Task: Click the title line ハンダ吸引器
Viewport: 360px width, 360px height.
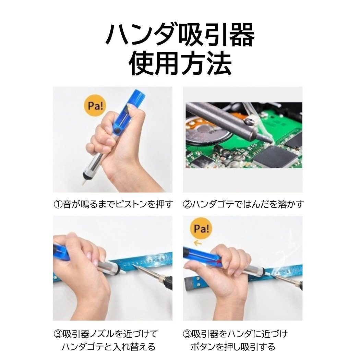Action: point(180,36)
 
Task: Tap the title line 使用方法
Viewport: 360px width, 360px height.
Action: point(180,63)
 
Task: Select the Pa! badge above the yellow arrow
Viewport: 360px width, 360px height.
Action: point(202,229)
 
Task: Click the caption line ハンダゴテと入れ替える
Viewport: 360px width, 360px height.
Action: point(108,347)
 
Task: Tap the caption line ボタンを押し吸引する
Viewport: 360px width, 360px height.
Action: point(233,347)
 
